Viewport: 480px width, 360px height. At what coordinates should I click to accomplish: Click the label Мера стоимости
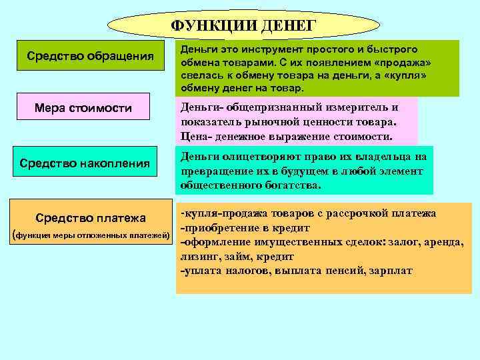click(x=83, y=108)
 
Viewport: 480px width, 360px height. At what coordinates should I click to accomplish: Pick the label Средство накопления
click(x=85, y=163)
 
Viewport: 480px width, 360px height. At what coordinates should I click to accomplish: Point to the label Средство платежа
click(x=90, y=218)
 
